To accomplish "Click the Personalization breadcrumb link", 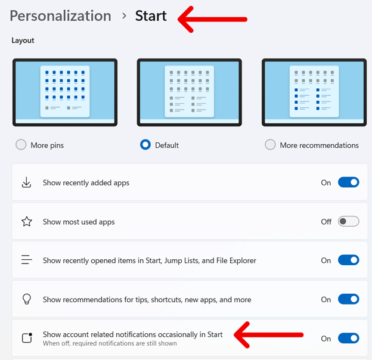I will (x=60, y=16).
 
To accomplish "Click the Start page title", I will (x=151, y=16).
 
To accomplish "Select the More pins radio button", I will (x=21, y=145).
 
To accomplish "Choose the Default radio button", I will (x=145, y=145).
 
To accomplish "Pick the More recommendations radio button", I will (x=270, y=145).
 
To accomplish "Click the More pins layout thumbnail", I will (x=65, y=92).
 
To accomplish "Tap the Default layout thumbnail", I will (x=189, y=92).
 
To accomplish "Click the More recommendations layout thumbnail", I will (x=314, y=92).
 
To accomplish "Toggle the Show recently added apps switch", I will (x=348, y=182).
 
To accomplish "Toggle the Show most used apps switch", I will (x=348, y=222).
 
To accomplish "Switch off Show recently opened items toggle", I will (x=348, y=260).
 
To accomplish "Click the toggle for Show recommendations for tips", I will (x=348, y=299).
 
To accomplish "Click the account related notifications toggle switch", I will (x=348, y=339).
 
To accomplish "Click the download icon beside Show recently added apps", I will (x=26, y=182).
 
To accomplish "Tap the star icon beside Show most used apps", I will (x=26, y=222).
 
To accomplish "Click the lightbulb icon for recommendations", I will (x=26, y=299).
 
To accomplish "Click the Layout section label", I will (x=23, y=41).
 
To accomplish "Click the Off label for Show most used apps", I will (x=326, y=222).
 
